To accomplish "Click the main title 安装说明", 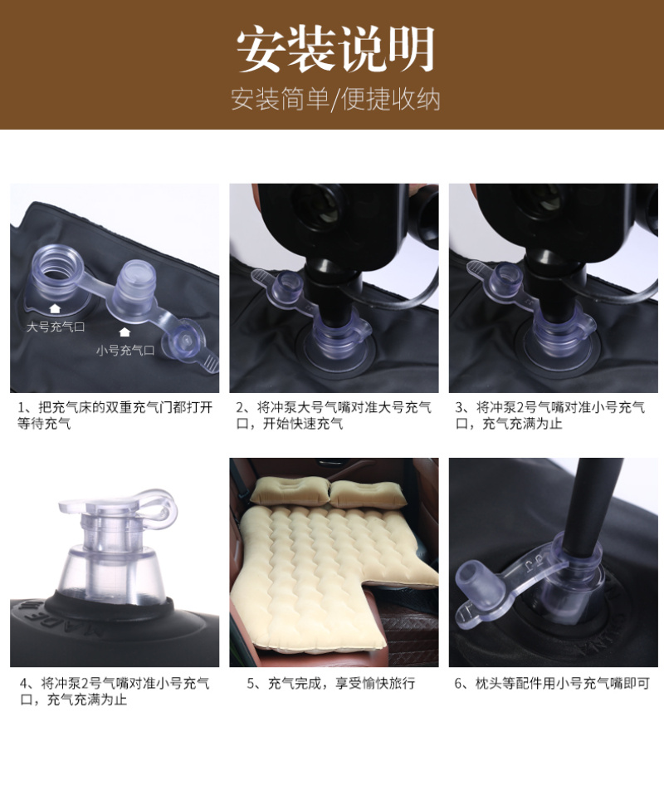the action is coord(335,50).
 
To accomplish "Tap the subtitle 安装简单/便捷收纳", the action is coord(335,99).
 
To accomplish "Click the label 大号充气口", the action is coord(56,327).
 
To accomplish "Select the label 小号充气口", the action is coord(125,350).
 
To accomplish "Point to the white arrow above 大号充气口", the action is coord(55,308).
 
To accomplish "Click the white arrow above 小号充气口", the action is coord(124,332).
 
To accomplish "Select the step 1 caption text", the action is coord(115,415).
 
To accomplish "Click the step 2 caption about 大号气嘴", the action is coord(334,415).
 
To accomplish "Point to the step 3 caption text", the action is coord(550,415).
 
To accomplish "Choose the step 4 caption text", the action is coord(115,691).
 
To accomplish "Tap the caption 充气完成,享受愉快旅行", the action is coord(330,683).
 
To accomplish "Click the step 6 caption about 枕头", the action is coord(552,683).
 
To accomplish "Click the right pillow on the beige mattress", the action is coord(367,494).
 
